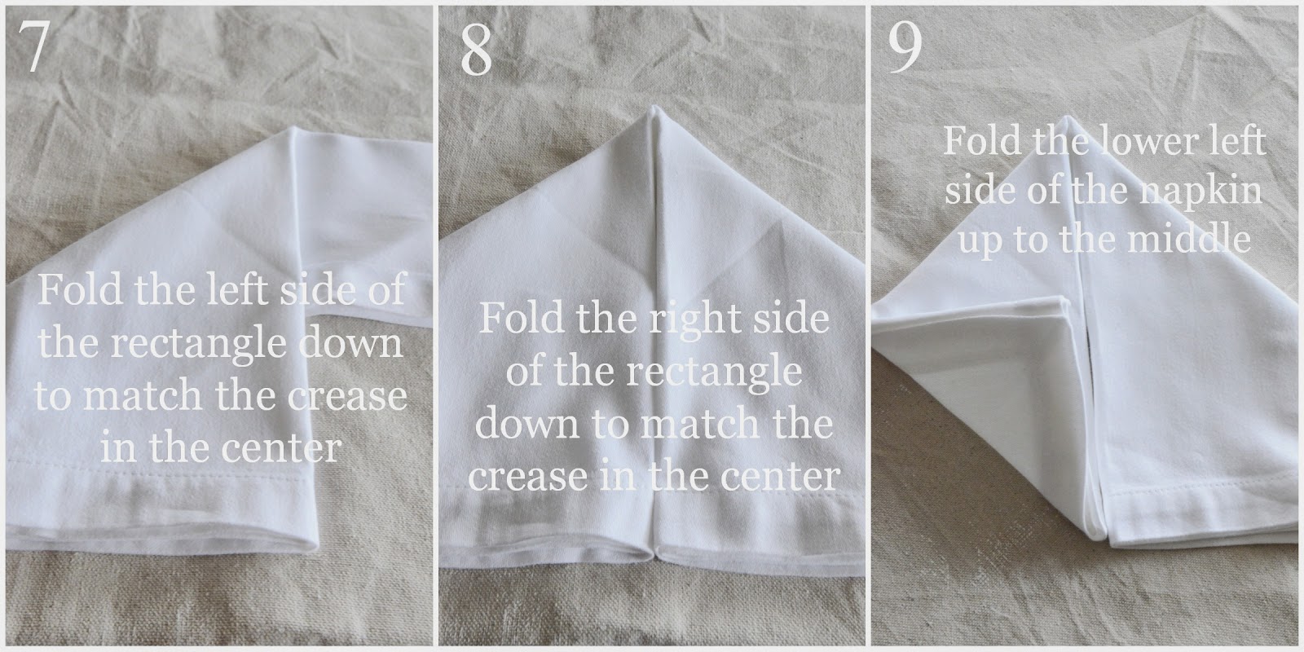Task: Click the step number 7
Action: pos(33,46)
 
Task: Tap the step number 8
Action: pos(476,50)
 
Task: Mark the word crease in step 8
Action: pos(526,476)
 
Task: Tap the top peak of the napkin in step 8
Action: pos(653,108)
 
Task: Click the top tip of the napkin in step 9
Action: pos(1067,117)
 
